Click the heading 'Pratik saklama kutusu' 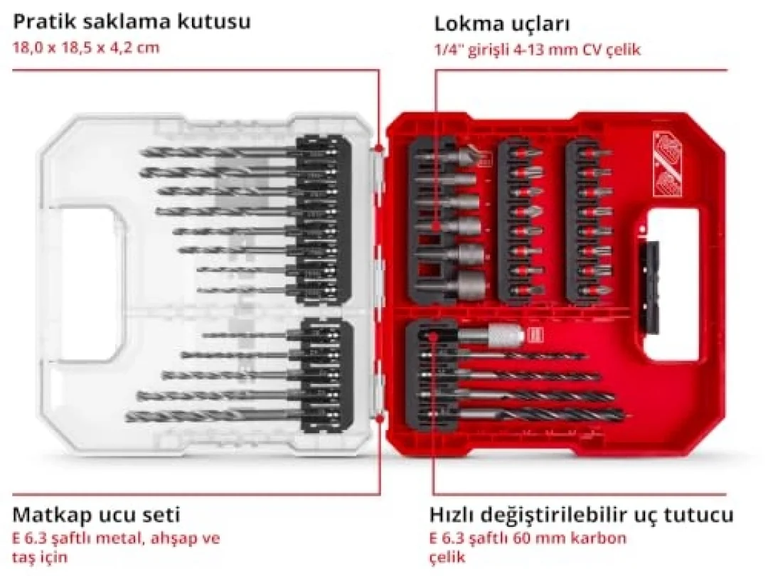pyautogui.click(x=132, y=21)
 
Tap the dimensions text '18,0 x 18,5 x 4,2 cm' pyautogui.click(x=86, y=48)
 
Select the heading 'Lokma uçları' pyautogui.click(x=502, y=24)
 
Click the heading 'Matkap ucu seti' pyautogui.click(x=97, y=515)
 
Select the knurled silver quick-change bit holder pyautogui.click(x=492, y=335)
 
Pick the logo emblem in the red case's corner pyautogui.click(x=668, y=164)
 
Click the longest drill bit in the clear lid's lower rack pyautogui.click(x=215, y=416)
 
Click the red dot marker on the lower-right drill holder pyautogui.click(x=432, y=336)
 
